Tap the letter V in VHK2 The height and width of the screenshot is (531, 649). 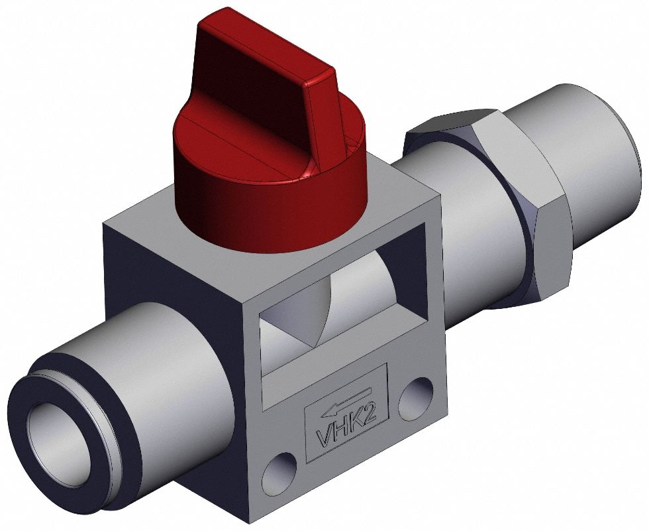[x=325, y=438]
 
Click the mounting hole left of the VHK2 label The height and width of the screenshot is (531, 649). [x=279, y=471]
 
